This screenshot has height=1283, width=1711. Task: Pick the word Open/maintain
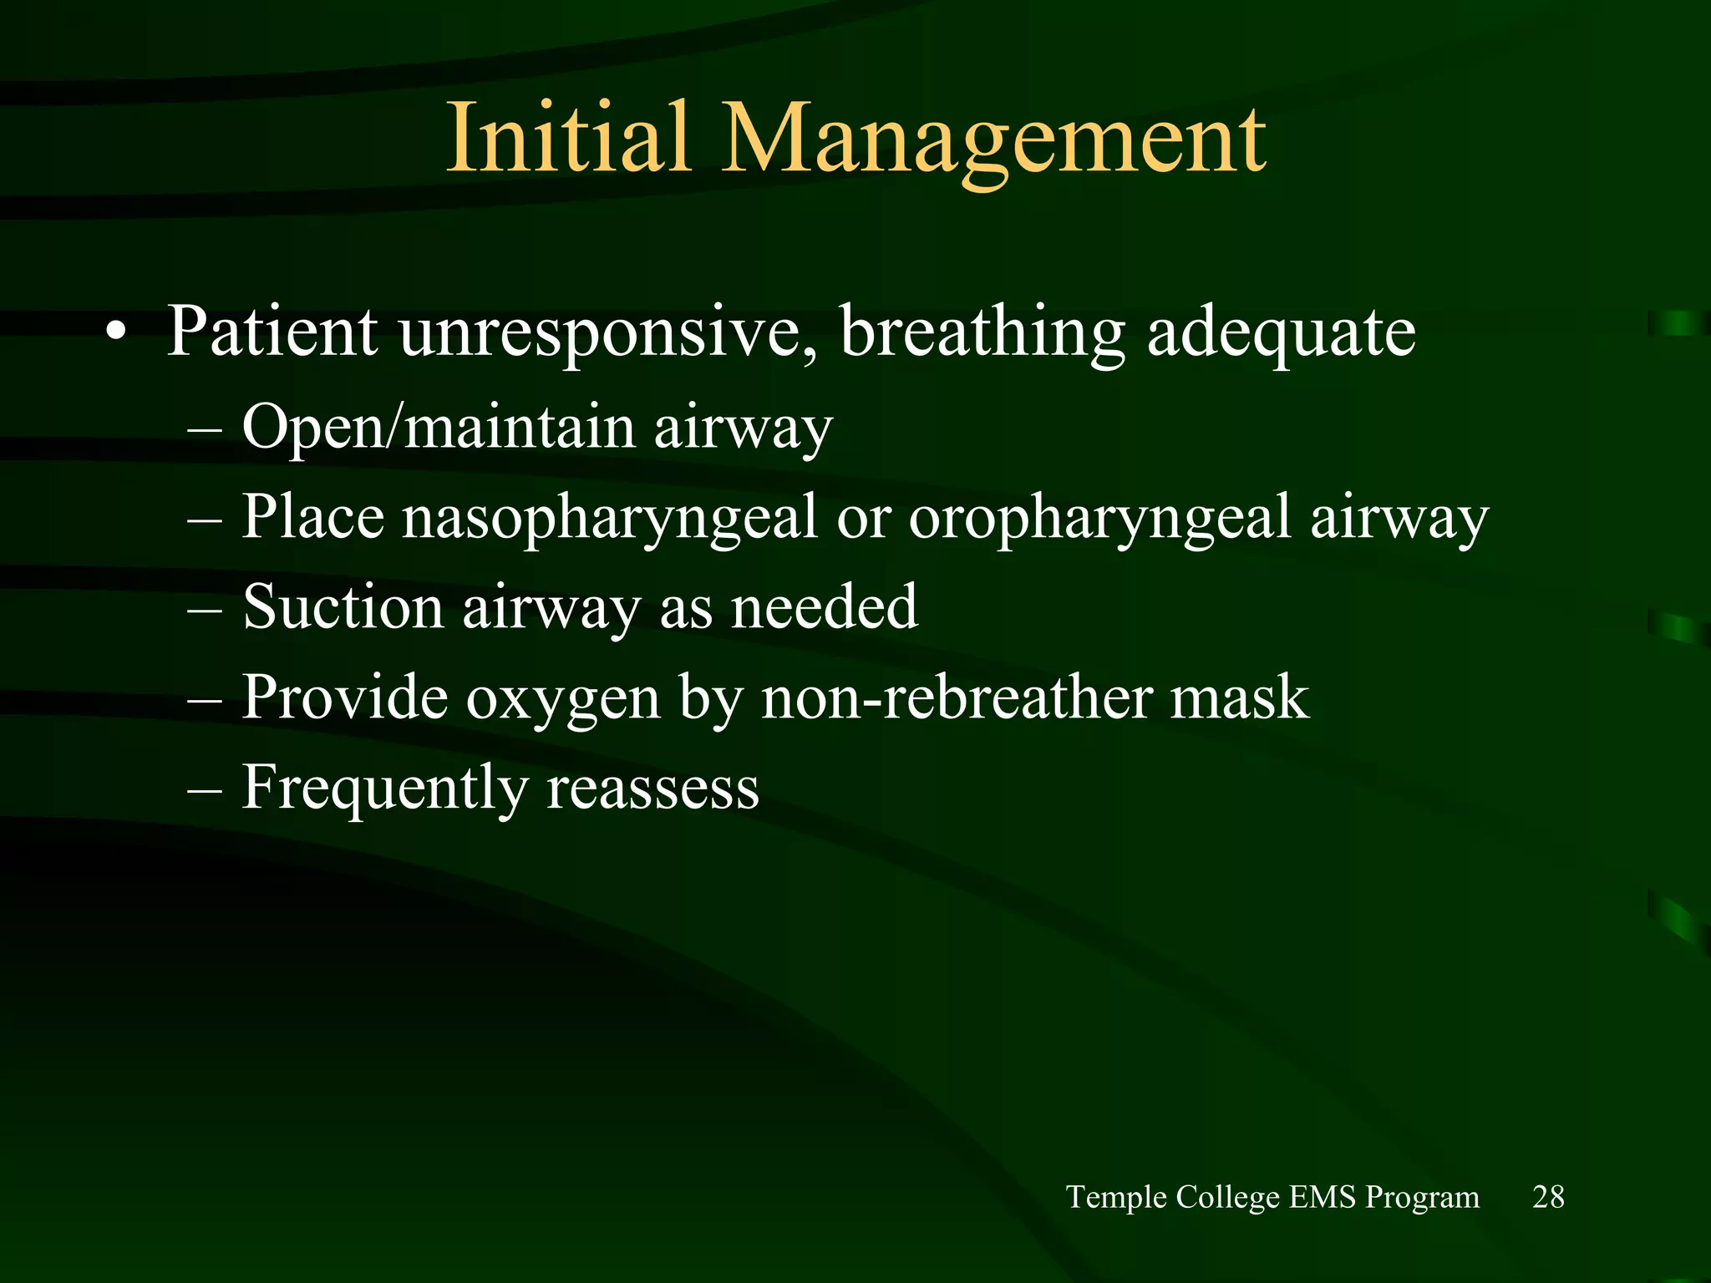pos(439,428)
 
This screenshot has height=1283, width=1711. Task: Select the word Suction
pos(343,607)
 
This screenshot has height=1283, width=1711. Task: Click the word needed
pos(825,607)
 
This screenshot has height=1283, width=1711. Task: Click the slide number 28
pos(1548,1197)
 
